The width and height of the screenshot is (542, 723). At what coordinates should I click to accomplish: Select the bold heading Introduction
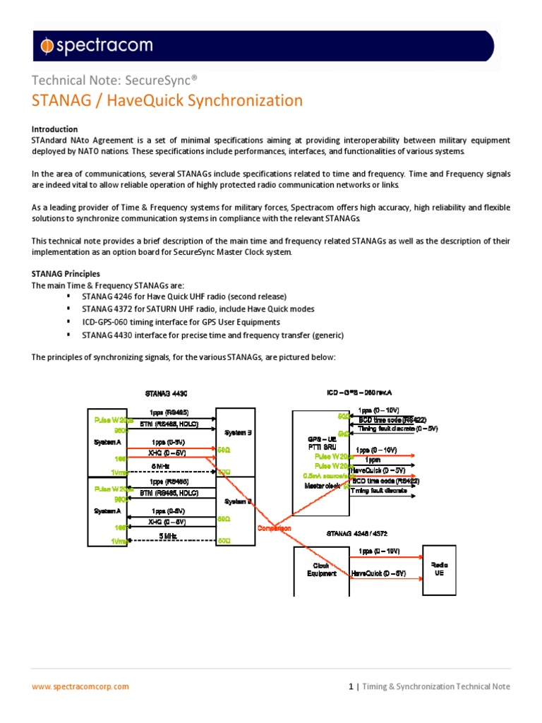click(x=54, y=129)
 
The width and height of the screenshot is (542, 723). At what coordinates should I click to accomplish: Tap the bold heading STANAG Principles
click(x=66, y=273)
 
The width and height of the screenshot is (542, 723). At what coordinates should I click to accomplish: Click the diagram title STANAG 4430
click(x=166, y=393)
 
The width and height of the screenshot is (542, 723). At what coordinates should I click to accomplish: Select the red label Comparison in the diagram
click(x=276, y=527)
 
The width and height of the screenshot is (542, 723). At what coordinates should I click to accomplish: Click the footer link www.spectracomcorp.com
click(x=81, y=686)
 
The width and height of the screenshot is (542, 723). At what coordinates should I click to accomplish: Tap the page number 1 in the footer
click(x=351, y=686)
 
